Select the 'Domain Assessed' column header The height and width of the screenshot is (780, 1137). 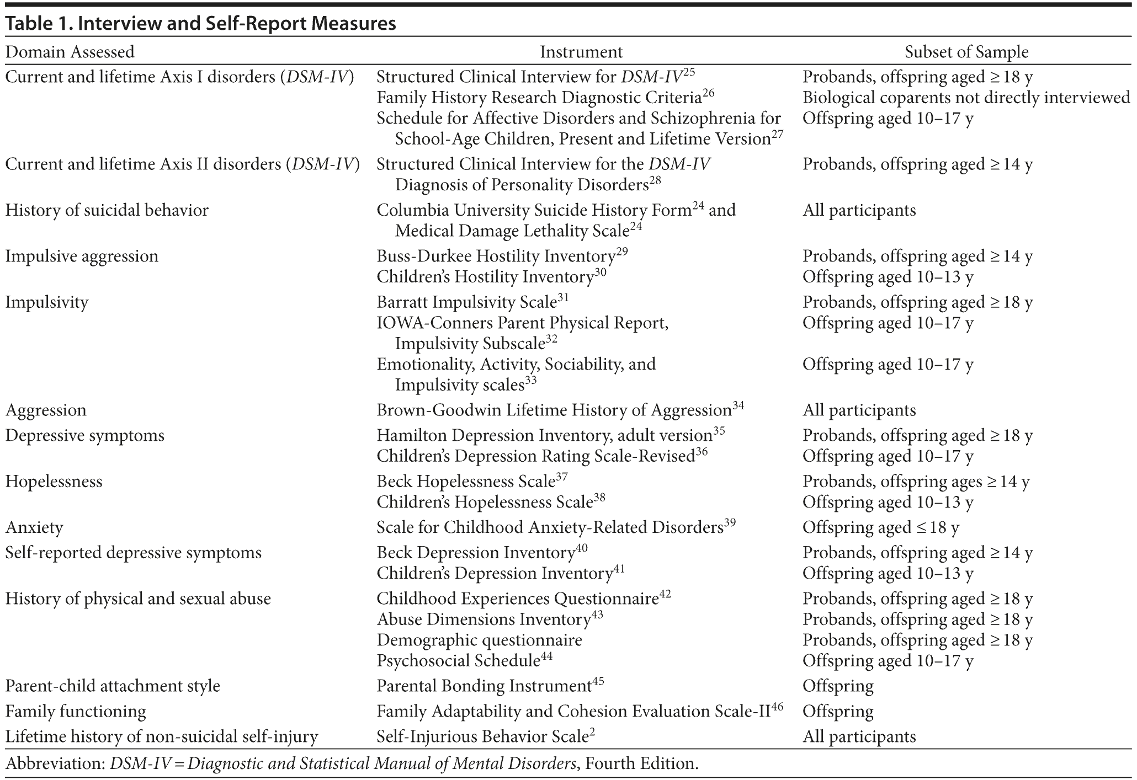pyautogui.click(x=70, y=52)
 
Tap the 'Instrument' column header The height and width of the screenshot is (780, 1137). pyautogui.click(x=581, y=52)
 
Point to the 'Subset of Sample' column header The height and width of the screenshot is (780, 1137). pyautogui.click(x=966, y=52)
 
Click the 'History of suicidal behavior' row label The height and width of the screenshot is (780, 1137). pyautogui.click(x=107, y=210)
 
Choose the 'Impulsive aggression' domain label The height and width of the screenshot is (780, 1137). pyautogui.click(x=82, y=256)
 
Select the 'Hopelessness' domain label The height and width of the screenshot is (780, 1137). pyautogui.click(x=54, y=482)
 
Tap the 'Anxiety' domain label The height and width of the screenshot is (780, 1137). pyautogui.click(x=34, y=527)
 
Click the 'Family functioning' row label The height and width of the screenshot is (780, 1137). pyautogui.click(x=76, y=712)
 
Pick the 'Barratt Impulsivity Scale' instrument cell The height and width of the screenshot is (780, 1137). pyautogui.click(x=466, y=302)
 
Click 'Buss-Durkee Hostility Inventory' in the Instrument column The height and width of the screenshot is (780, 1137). pyautogui.click(x=496, y=257)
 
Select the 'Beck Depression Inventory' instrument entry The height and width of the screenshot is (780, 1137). pyautogui.click(x=476, y=553)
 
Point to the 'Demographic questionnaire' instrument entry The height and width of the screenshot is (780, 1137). pyautogui.click(x=479, y=640)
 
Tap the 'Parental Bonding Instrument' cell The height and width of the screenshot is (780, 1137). pyautogui.click(x=484, y=686)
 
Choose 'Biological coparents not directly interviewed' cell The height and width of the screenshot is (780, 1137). pyautogui.click(x=966, y=98)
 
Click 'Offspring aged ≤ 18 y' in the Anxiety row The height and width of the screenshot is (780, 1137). pyautogui.click(x=880, y=527)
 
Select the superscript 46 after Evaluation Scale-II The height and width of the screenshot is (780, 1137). pyautogui.click(x=777, y=707)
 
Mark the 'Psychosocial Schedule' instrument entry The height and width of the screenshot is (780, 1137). pyautogui.click(x=458, y=661)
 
